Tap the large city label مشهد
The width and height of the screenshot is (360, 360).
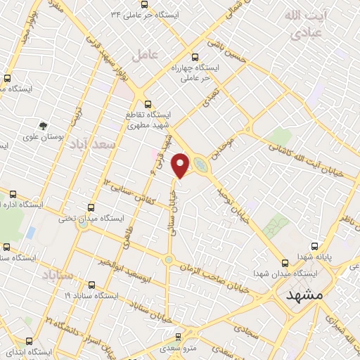(304, 295)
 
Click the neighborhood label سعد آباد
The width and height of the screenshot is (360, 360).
(91, 143)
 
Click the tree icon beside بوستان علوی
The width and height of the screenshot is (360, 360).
(44, 126)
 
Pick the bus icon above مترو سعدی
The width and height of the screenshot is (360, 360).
(178, 337)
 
